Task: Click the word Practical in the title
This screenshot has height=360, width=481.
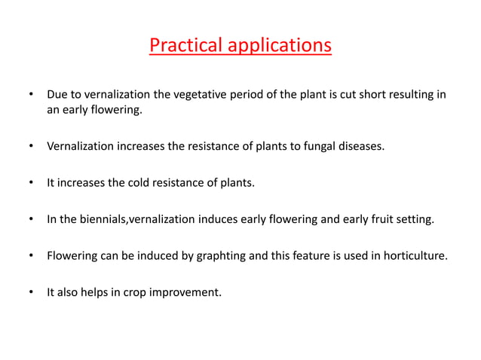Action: coord(182,45)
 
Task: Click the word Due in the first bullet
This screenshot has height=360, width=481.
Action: coord(57,96)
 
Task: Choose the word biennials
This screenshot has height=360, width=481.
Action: coord(103,219)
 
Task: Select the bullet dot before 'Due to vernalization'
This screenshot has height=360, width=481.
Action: coord(31,96)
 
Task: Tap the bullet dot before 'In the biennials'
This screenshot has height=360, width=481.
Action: coord(31,219)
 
